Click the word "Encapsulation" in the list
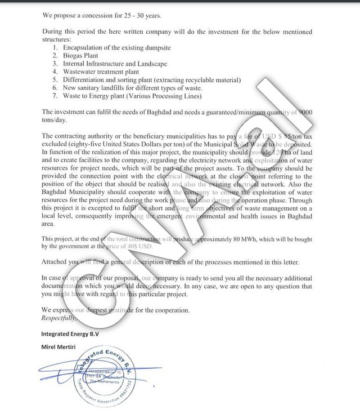84,48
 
